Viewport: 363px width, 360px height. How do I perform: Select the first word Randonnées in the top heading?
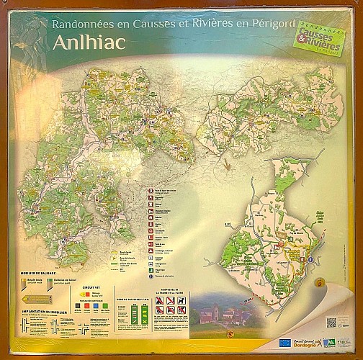80,23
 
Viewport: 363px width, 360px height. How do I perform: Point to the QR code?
332,323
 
